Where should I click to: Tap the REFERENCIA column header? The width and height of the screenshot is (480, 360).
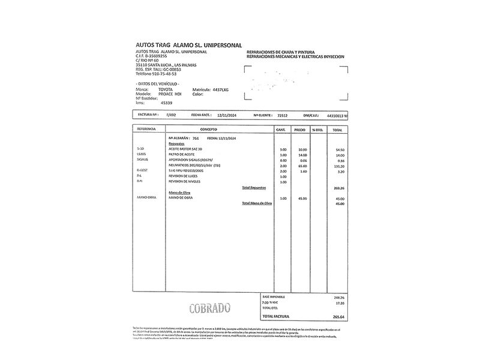pos(146,130)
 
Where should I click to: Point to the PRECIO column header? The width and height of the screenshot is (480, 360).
pos(299,130)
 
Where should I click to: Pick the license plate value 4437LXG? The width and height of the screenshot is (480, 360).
pos(217,89)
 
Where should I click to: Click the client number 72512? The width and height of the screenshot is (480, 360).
pos(283,114)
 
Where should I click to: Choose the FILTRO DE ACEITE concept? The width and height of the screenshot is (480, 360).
pos(182,155)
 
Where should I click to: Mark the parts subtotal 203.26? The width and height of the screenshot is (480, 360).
pos(338,188)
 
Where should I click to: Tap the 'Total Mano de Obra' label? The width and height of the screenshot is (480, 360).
pos(257,203)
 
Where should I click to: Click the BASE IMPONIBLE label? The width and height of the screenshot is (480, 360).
pos(274,297)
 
